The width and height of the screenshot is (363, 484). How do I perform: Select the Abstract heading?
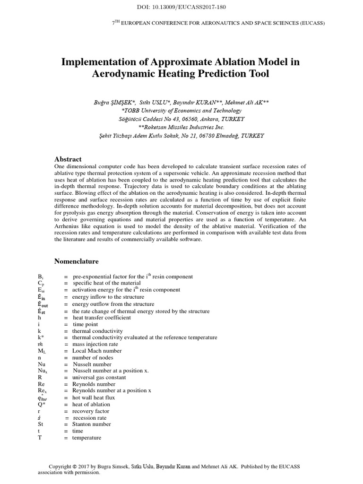68,159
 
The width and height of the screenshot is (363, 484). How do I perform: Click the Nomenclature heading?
77,261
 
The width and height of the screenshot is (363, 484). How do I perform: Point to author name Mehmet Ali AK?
241,102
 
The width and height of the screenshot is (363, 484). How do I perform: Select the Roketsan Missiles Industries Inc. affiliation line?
181,127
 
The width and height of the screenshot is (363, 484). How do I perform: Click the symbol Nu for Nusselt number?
41,364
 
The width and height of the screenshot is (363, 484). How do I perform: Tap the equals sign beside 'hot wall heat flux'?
66,398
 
